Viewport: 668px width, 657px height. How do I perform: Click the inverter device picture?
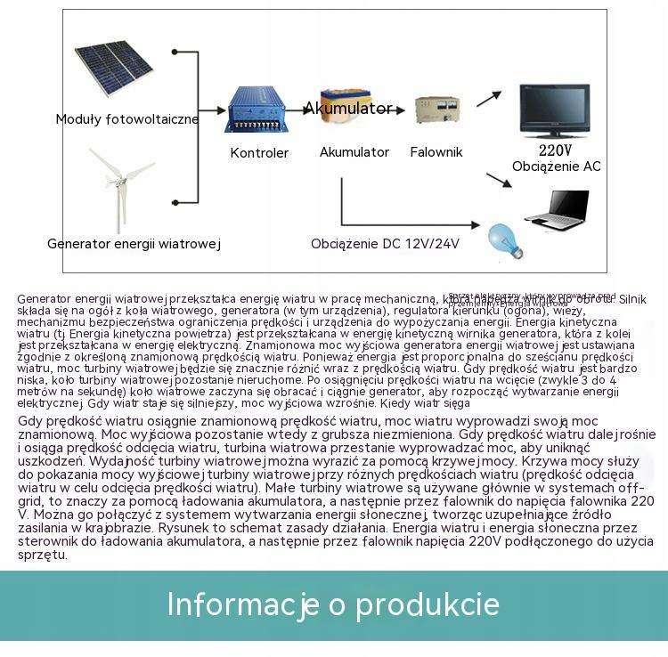pyautogui.click(x=436, y=110)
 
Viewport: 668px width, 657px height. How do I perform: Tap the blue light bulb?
pyautogui.click(x=504, y=239)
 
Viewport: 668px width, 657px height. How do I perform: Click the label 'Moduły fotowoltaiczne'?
pyautogui.click(x=127, y=119)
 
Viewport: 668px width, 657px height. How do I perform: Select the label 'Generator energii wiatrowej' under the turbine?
pyautogui.click(x=134, y=243)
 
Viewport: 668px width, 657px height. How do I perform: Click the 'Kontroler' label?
pyautogui.click(x=259, y=153)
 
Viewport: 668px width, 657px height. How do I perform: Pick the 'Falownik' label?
pyautogui.click(x=436, y=152)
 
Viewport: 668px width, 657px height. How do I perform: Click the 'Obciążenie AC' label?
pyautogui.click(x=557, y=166)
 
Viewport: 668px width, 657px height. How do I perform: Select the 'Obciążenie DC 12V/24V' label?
pyautogui.click(x=385, y=243)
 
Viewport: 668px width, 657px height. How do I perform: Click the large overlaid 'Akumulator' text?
pyautogui.click(x=347, y=109)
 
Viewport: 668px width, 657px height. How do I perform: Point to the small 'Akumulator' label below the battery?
pyautogui.click(x=354, y=152)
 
